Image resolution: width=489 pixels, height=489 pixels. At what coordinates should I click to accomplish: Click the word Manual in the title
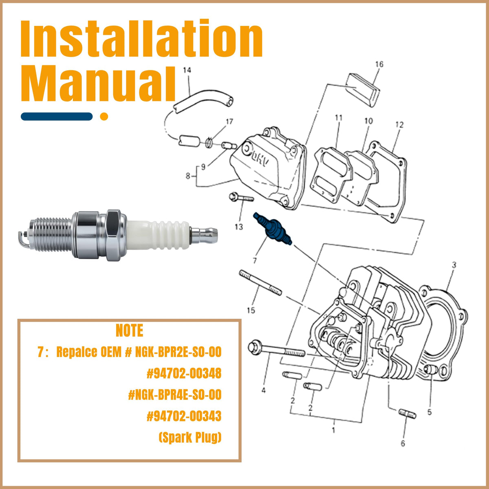coord(98,84)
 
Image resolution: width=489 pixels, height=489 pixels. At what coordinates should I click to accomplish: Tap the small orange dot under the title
coord(104,117)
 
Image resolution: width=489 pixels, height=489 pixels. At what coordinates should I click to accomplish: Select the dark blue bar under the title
coord(57,117)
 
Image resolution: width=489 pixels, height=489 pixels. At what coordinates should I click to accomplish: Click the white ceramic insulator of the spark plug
coord(158,235)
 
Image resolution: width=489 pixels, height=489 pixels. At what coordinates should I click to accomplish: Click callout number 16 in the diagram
coord(379,64)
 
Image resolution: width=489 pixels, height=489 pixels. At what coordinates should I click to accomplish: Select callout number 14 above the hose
coord(187,70)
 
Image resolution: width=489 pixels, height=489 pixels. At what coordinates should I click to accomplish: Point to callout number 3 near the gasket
coord(454,265)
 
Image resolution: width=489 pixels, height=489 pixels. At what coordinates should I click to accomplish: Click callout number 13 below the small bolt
coord(239,227)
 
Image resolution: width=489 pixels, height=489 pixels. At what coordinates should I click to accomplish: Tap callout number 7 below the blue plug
coord(255,260)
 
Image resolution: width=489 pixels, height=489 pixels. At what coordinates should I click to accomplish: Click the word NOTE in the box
coord(130,330)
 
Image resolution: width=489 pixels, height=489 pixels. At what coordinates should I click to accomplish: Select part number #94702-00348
coord(184,373)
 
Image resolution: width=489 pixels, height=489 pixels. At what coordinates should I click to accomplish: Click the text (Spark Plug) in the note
coord(190,437)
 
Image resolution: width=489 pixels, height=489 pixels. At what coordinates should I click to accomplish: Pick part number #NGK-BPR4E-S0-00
coord(175,394)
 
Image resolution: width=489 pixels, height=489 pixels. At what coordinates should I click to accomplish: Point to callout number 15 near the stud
coord(251,310)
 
